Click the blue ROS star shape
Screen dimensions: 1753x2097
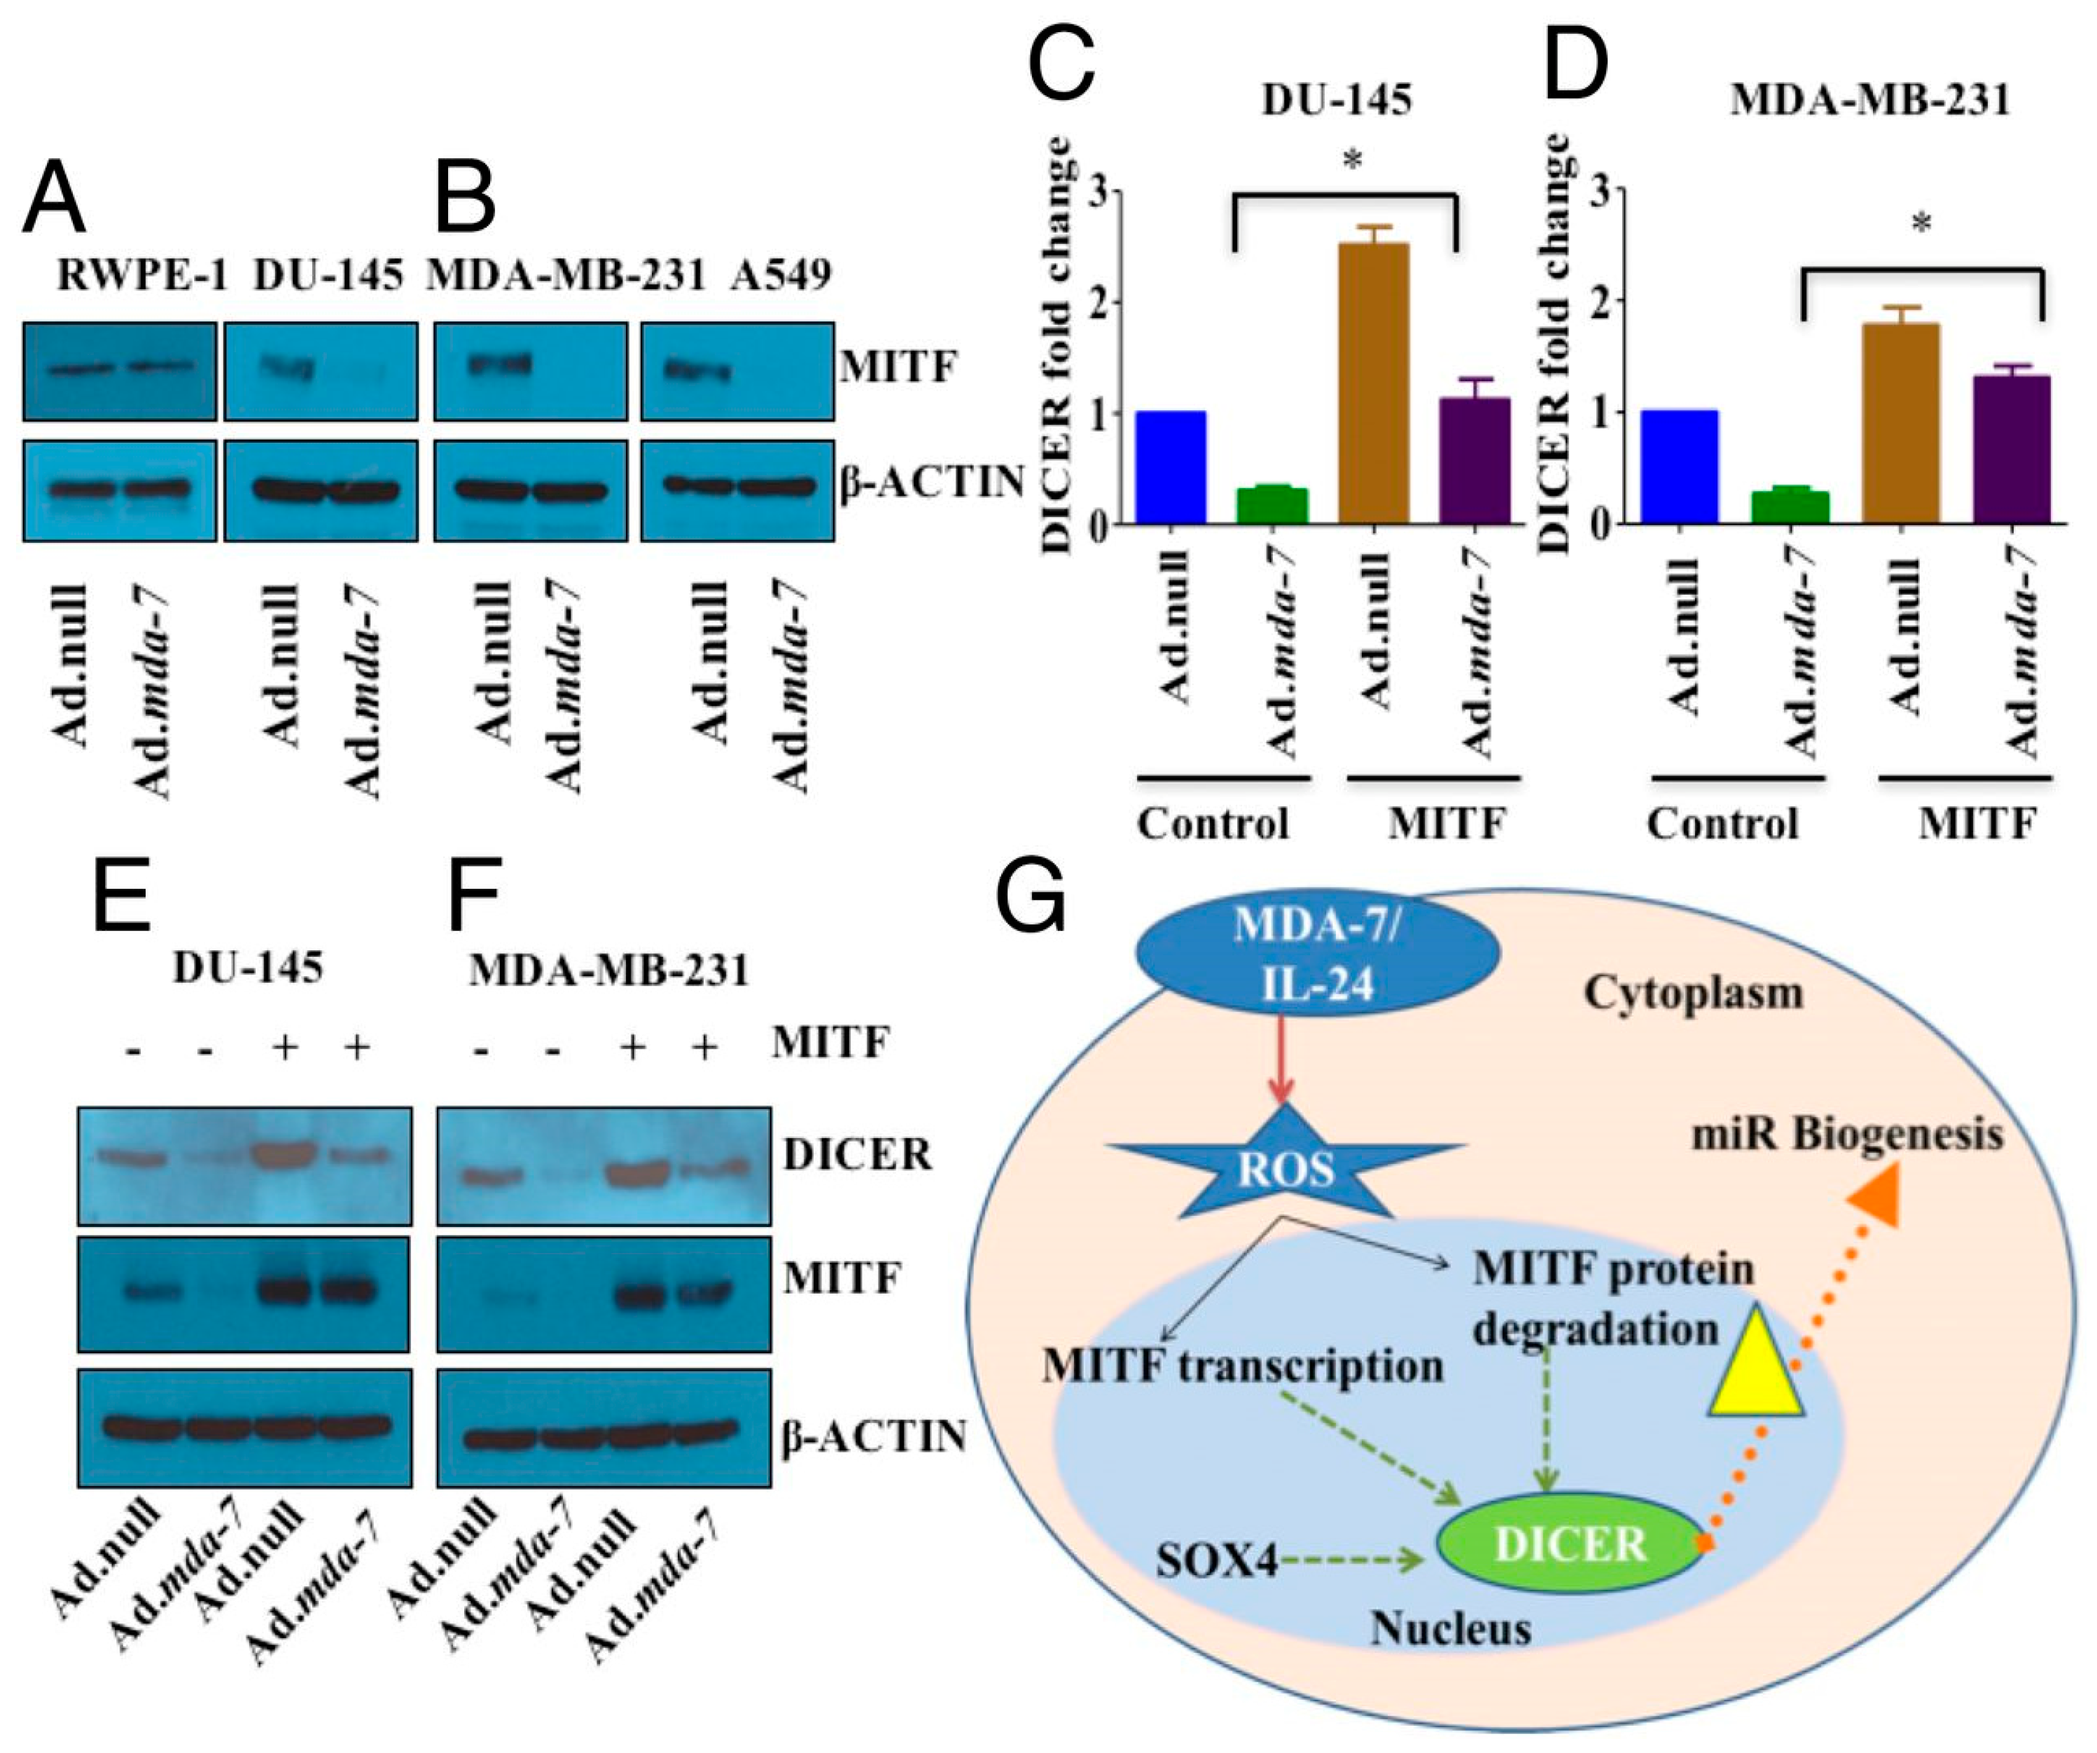click(x=1286, y=1167)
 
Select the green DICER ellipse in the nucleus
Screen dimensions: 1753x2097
click(x=1570, y=1544)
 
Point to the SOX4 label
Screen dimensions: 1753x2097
click(x=1216, y=1559)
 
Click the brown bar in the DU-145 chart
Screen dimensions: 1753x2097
click(x=1374, y=382)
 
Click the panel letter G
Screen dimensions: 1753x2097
click(x=1031, y=892)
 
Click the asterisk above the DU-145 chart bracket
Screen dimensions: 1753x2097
click(x=1353, y=160)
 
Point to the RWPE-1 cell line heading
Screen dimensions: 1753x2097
click(x=141, y=275)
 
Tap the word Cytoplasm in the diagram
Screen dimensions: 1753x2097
click(x=1694, y=992)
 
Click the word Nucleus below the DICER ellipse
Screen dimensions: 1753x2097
click(x=1450, y=1628)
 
